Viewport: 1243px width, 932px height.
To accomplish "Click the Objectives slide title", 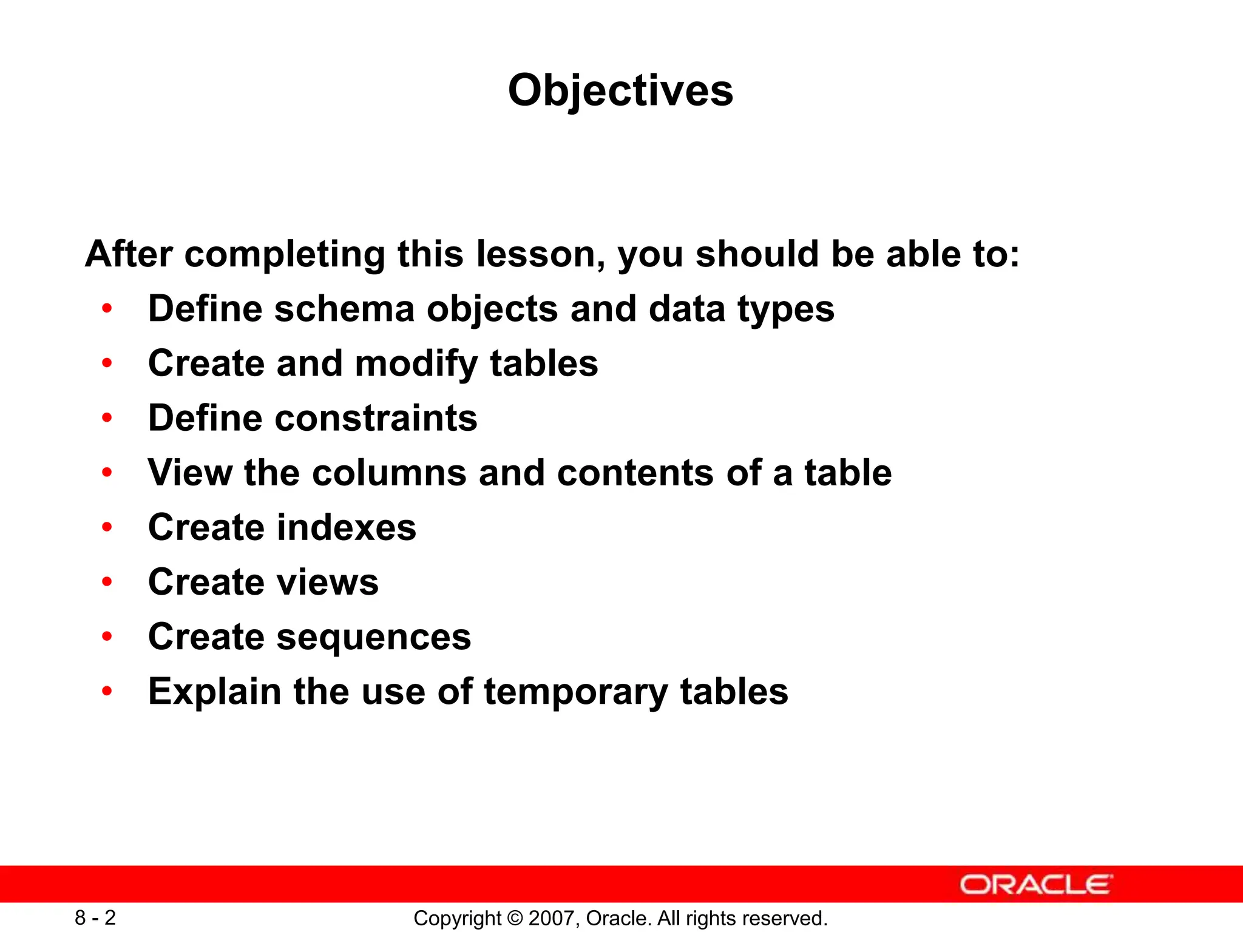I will pos(620,91).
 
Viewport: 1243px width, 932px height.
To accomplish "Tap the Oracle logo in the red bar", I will pos(1036,885).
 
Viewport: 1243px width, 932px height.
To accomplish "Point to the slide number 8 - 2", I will pos(95,917).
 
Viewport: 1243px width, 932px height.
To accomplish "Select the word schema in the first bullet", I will pos(344,309).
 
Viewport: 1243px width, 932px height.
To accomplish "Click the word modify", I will pos(416,363).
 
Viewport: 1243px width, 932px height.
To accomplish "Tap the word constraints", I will pos(376,418).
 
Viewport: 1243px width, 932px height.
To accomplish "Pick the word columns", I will pos(388,473).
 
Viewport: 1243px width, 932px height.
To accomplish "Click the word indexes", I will pos(346,527).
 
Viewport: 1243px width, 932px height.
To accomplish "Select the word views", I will pos(327,582).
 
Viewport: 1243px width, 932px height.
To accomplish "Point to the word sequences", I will pos(373,638).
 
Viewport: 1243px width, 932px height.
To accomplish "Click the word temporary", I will pos(575,692).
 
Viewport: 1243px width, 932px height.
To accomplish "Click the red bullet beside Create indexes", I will pos(107,527).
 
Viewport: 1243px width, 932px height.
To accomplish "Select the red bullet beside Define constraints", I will pos(107,418).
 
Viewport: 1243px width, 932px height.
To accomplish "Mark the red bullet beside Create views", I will pos(107,582).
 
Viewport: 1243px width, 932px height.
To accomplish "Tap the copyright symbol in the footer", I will pos(515,918).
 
